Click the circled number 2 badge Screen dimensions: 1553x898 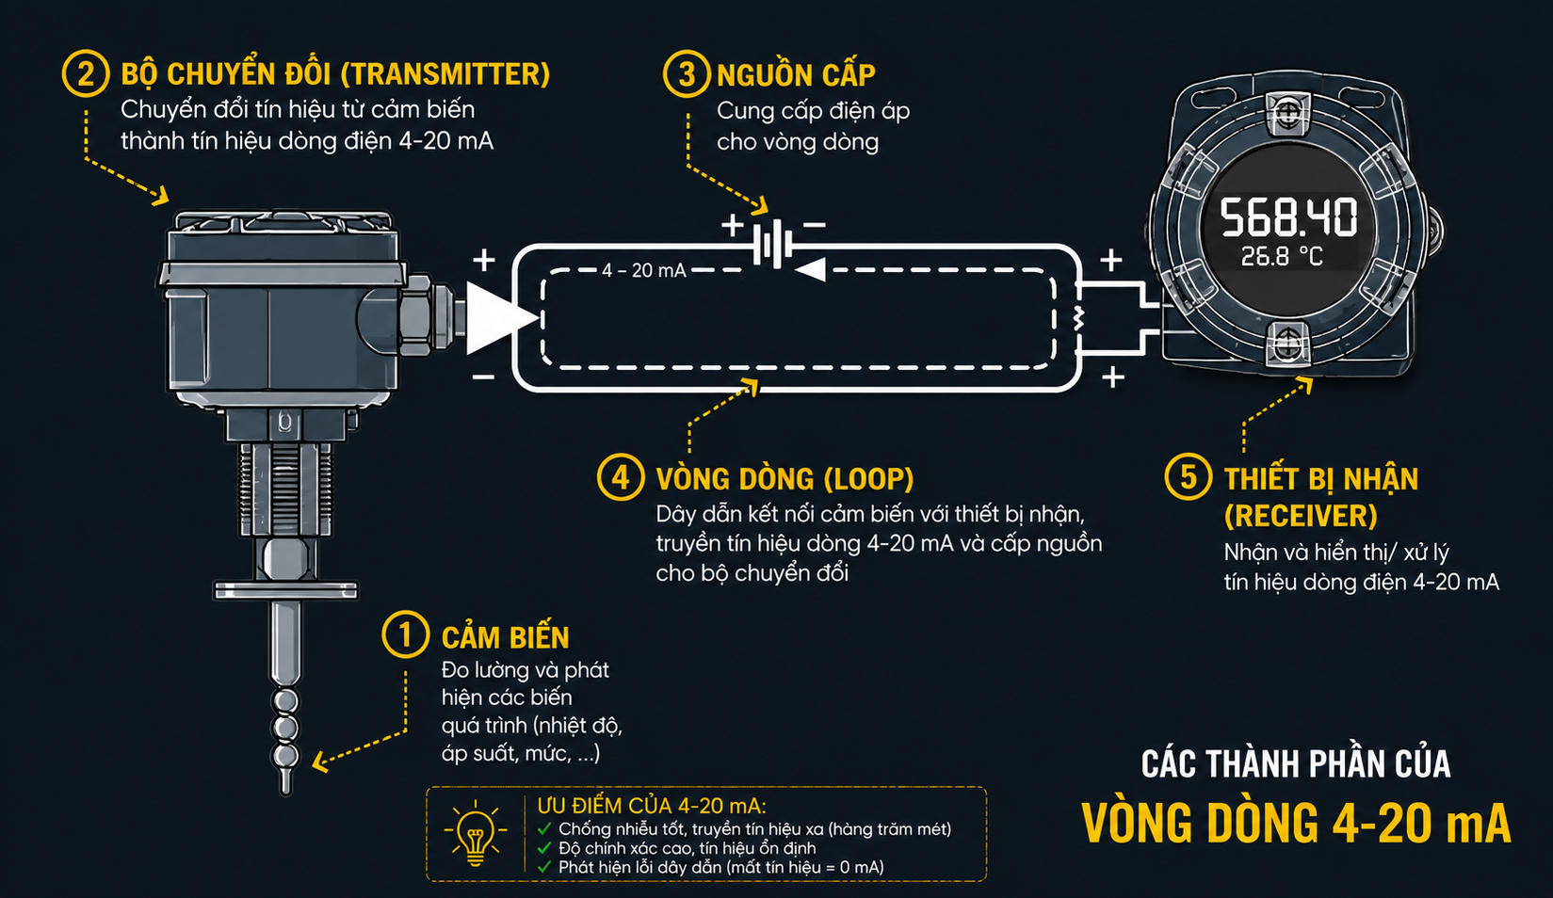pos(86,74)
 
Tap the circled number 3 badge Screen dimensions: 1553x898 pos(687,74)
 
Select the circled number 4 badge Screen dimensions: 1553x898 pos(621,477)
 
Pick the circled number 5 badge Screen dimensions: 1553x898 pos(1189,476)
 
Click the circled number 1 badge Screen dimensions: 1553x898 pos(406,634)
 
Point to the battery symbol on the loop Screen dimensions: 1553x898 pos(773,244)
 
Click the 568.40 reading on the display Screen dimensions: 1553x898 pos(1288,217)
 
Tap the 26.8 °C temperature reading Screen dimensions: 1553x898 pos(1282,257)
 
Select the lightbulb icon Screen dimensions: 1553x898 pos(476,834)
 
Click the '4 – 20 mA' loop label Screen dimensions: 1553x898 pos(644,270)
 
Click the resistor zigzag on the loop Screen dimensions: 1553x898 pos(1078,319)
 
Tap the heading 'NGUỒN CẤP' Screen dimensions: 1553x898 pos(796,75)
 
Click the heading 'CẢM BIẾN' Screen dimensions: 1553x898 pos(506,637)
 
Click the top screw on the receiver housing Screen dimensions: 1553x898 pos(1287,111)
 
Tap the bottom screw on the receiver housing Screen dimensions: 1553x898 pos(1288,341)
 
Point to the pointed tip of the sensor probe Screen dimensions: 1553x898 pos(285,792)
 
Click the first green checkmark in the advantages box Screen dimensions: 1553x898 pos(545,828)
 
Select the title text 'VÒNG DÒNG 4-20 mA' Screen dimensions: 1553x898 pos(1296,823)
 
